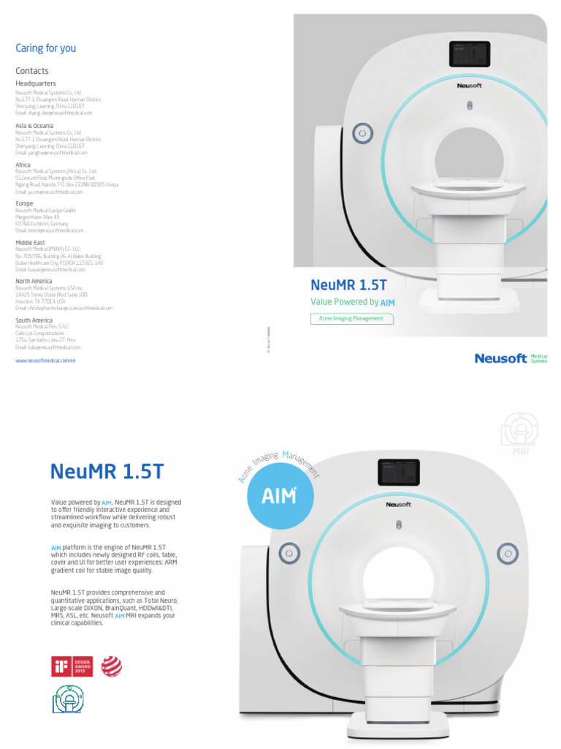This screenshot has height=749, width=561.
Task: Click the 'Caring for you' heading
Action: pos(46,48)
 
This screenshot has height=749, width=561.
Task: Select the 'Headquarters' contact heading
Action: pos(36,84)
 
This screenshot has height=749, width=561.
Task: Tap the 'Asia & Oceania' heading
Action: pos(34,126)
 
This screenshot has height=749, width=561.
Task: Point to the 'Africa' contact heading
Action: pos(23,165)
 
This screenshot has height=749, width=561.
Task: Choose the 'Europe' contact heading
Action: pos(25,203)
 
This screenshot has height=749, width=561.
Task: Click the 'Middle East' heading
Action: pos(30,242)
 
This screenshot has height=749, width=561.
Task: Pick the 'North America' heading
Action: pos(34,281)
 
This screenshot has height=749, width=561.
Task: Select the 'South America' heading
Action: pos(34,320)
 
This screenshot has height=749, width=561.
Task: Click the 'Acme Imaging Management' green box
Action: pos(351,319)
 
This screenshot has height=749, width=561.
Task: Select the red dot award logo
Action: pos(112,666)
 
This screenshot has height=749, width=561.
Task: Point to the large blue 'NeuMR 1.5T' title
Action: pos(107,471)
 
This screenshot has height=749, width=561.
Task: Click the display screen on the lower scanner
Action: pos(398,474)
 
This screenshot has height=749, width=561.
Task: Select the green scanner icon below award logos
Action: pos(68,699)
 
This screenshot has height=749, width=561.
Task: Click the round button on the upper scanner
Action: pos(359,133)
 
